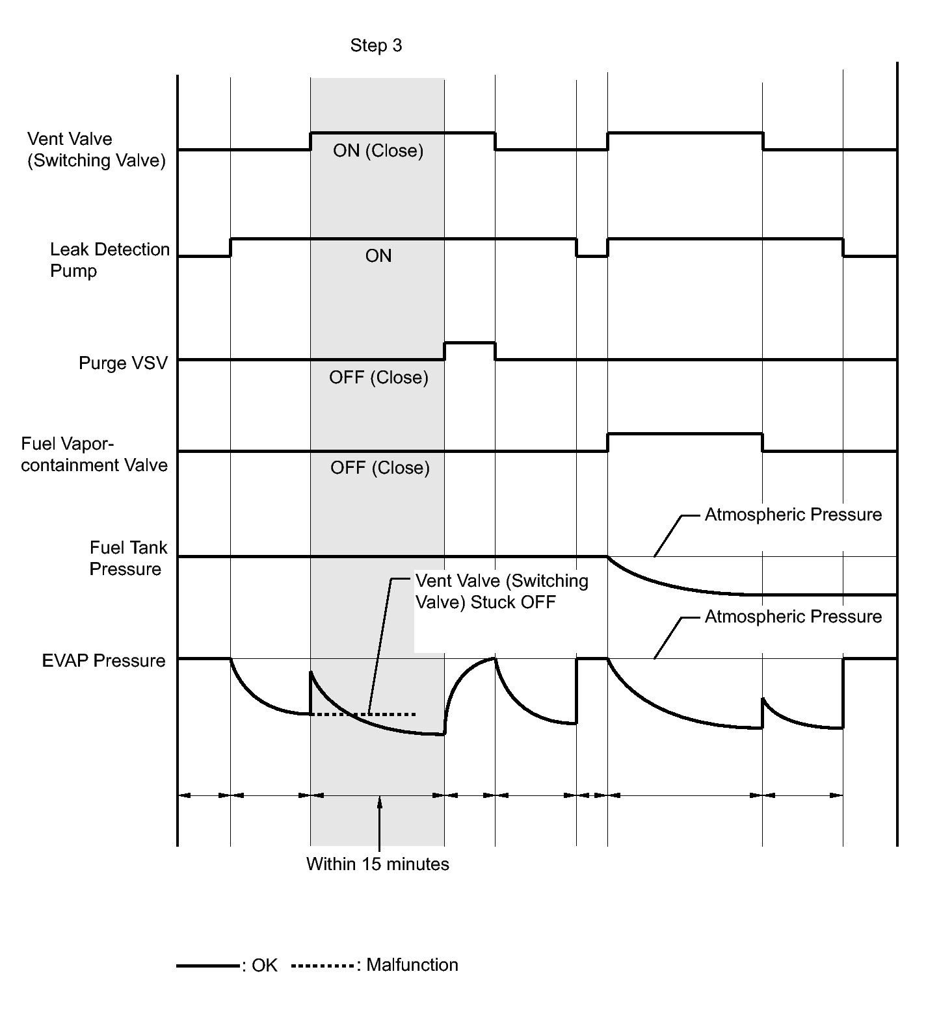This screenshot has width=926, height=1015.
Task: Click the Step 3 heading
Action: (376, 45)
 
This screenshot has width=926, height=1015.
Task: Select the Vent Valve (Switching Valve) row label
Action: (96, 149)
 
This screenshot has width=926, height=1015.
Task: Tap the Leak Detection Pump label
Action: (109, 260)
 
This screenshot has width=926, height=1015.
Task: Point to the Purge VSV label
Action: (123, 363)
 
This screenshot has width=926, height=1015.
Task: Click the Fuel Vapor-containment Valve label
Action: (94, 454)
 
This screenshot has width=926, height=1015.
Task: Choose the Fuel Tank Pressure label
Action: (127, 558)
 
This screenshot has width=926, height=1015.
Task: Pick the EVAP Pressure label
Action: (103, 661)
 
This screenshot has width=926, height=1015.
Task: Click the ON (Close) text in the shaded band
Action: (378, 151)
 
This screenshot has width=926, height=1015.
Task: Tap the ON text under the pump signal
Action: (378, 256)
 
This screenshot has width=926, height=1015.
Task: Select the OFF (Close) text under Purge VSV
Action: (378, 378)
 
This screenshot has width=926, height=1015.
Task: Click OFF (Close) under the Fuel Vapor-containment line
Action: (380, 468)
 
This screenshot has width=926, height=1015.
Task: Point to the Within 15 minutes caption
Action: (377, 864)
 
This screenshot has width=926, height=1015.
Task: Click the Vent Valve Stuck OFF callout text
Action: (501, 591)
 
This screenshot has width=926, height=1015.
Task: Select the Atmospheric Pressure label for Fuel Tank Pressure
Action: (793, 515)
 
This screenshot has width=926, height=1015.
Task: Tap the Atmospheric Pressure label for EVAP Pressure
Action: (793, 617)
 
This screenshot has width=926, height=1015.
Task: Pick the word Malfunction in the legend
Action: (412, 965)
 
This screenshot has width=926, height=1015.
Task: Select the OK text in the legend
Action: (265, 966)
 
